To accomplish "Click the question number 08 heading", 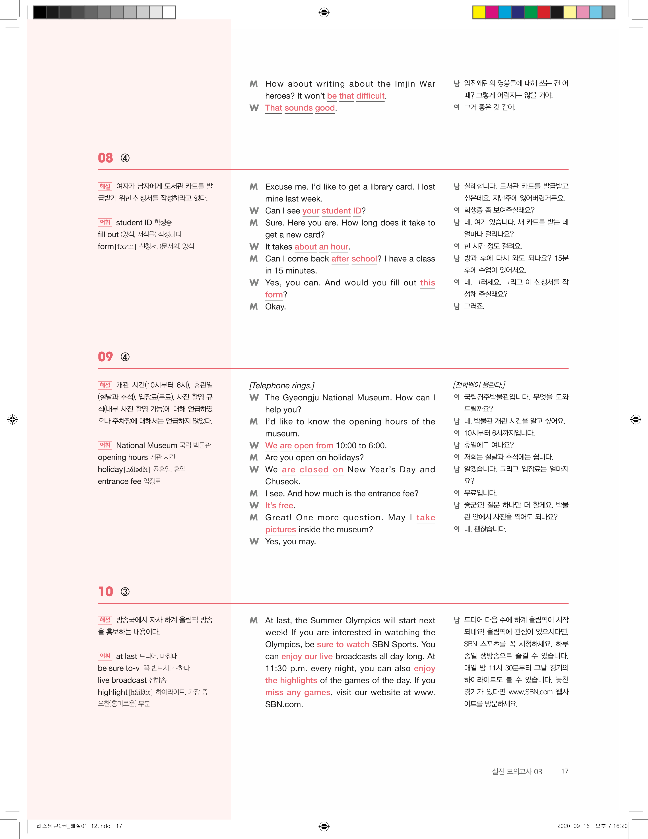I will point(105,158).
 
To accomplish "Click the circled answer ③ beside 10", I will point(125,592).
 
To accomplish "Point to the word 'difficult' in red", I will point(370,96).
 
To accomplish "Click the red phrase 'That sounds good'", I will point(300,108).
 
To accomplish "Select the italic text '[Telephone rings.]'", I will point(281,386).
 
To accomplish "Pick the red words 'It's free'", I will point(279,506).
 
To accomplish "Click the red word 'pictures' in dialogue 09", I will point(280,529).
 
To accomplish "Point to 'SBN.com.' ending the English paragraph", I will point(284,705).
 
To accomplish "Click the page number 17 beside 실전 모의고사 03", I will point(565,771).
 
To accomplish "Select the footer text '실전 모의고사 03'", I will point(517,771).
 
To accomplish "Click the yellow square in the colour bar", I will point(479,12).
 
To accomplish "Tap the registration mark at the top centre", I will point(324,13).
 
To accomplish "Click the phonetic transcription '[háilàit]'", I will point(141,692).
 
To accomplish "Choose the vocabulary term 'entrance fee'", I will point(119,481).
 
